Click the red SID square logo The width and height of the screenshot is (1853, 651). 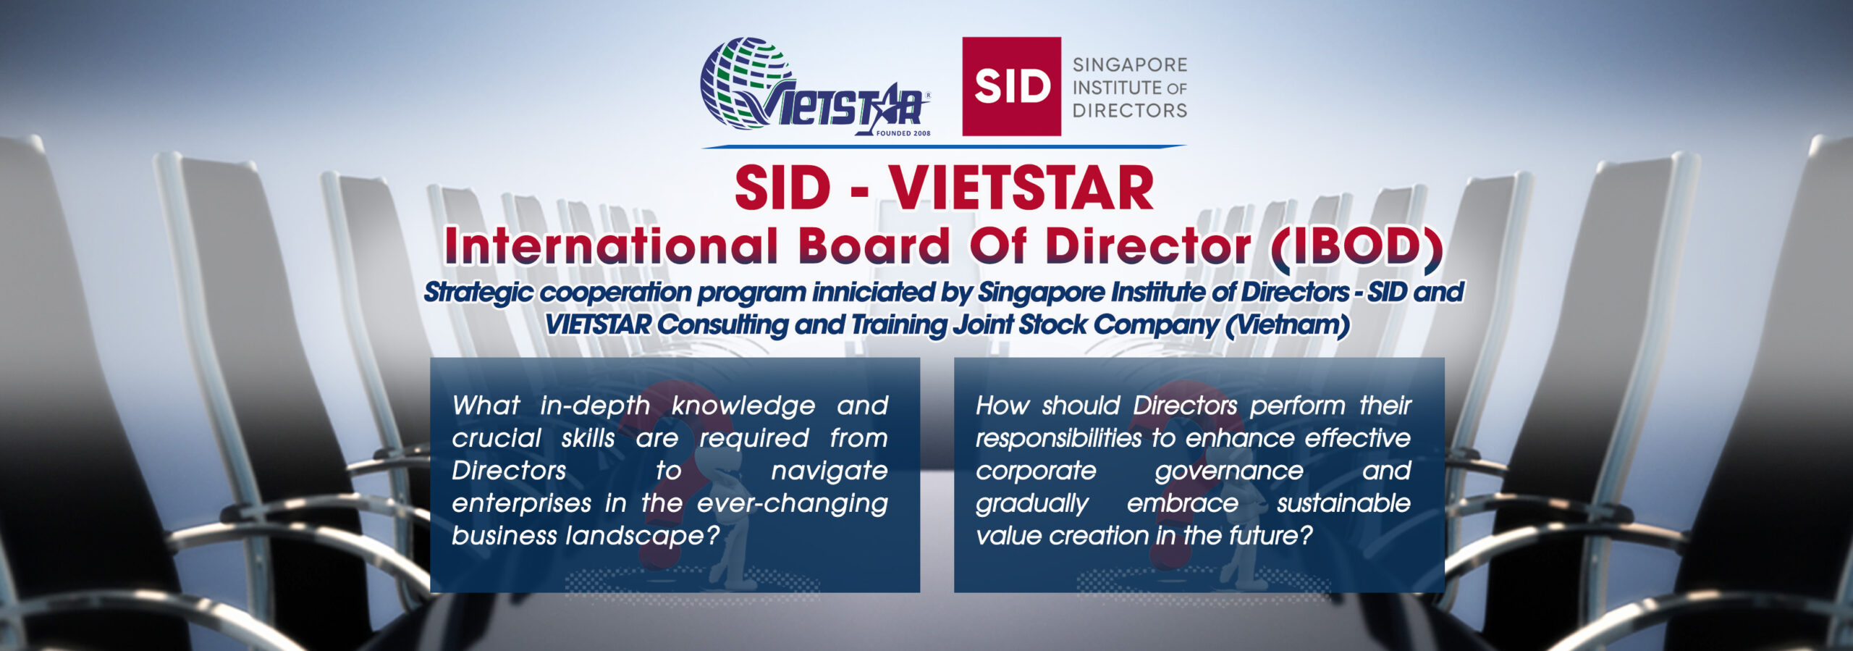[x=1011, y=86]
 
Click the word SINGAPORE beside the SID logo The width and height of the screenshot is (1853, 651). [x=1130, y=65]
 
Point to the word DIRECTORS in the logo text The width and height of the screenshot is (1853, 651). [x=1130, y=111]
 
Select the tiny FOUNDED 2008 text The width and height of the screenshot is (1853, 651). [x=903, y=133]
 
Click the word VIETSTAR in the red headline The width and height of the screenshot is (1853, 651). [x=1021, y=188]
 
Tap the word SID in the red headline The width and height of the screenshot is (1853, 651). [x=782, y=188]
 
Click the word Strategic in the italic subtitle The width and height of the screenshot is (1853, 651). [x=478, y=293]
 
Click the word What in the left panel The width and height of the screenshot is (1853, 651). [x=486, y=406]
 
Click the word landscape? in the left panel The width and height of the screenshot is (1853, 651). [x=643, y=537]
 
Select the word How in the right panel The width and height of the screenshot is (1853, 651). [x=1002, y=406]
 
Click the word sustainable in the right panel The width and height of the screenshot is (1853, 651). [x=1343, y=503]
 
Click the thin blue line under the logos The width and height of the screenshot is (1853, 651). [x=944, y=146]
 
